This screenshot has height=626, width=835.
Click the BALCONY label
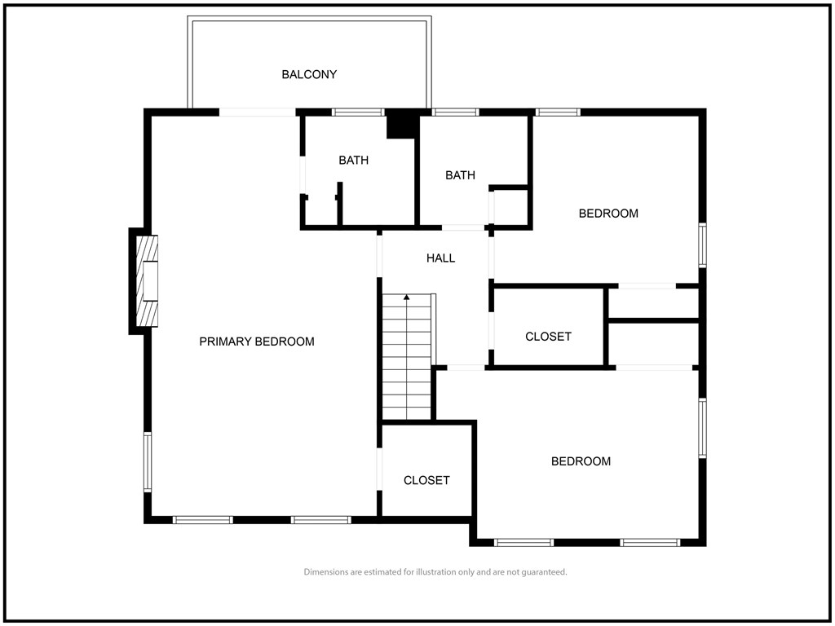click(x=309, y=74)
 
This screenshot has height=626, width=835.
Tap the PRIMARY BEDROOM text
click(x=257, y=342)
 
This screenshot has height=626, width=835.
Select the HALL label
click(x=440, y=258)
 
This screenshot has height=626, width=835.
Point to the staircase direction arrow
click(x=407, y=357)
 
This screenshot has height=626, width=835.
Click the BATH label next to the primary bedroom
click(x=354, y=161)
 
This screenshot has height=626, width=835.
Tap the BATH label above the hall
click(x=460, y=175)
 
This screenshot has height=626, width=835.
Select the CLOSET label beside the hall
click(x=548, y=337)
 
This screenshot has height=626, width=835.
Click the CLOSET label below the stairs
click(x=426, y=480)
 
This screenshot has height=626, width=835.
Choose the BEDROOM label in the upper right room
click(x=608, y=214)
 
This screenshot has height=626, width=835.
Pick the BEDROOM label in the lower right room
click(x=581, y=461)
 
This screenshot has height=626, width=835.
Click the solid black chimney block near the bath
click(x=400, y=124)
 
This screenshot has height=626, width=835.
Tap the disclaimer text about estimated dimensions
click(x=435, y=572)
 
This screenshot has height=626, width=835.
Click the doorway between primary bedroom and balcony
click(x=257, y=112)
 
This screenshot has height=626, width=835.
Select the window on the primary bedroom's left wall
click(x=148, y=461)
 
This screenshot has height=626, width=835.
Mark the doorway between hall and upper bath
click(x=463, y=228)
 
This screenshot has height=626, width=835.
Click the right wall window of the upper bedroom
click(x=702, y=245)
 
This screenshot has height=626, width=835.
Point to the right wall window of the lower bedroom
click(x=702, y=428)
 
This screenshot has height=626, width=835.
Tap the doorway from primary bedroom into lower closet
click(x=380, y=469)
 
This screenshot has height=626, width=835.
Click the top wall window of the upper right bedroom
click(x=558, y=112)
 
